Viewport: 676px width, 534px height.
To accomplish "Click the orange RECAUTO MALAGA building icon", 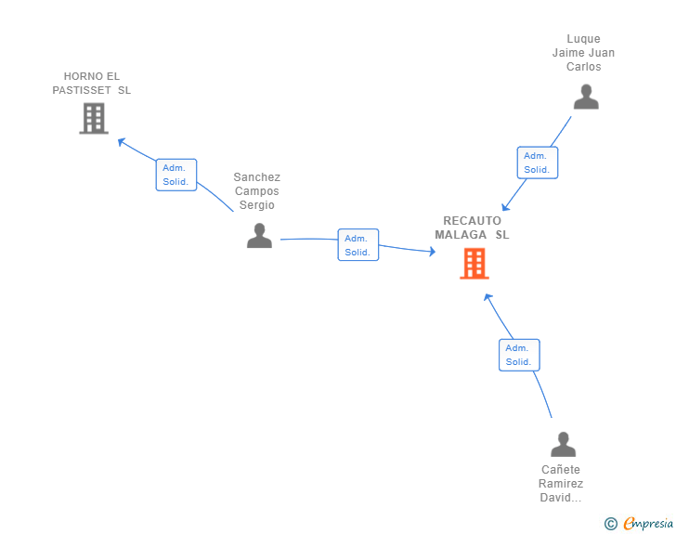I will pos(474,264).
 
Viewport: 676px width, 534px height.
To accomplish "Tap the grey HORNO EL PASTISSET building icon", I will pos(93,118).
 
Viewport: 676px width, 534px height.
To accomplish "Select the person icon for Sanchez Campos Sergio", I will pos(259,236).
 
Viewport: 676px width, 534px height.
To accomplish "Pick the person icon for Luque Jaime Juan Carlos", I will pos(585,97).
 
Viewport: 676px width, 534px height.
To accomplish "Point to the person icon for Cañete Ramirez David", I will pos(563,445).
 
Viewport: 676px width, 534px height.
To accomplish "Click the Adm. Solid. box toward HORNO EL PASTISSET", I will pos(175,175).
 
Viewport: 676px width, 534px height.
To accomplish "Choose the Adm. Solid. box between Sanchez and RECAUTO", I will pos(357,245).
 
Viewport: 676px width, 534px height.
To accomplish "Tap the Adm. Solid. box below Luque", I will pos(537,163).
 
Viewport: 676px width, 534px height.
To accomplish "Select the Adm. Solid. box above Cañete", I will pos(518,355).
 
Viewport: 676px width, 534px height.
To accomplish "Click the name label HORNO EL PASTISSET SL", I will pos(92,84).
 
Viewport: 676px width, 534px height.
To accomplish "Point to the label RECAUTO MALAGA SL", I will pos(472,228).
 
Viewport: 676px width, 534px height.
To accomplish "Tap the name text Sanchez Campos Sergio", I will pos(257,191).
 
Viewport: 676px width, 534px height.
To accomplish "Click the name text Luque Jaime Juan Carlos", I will pos(583,53).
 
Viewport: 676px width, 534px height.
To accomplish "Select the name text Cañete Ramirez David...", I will pos(561,484).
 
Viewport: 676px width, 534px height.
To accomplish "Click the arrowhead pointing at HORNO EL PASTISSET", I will pos(121,141).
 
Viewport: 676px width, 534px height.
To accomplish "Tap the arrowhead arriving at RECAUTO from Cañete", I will pos(487,297).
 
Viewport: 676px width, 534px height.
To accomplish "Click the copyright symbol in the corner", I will pos(610,524).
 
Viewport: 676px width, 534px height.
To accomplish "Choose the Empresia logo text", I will pos(648,524).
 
